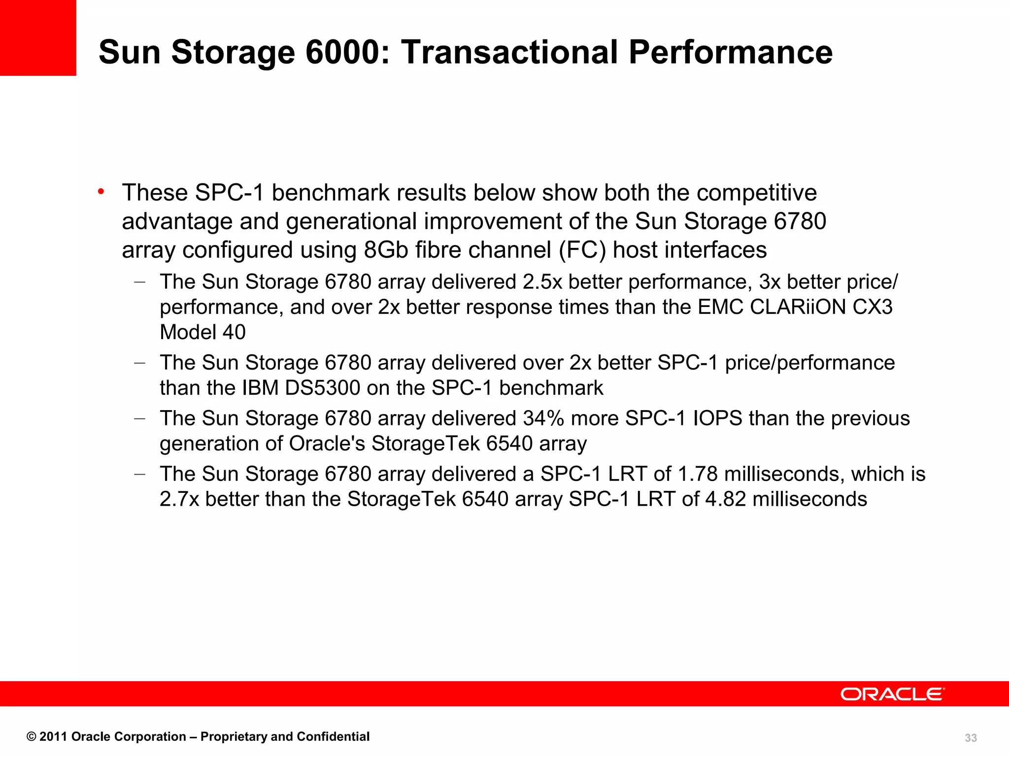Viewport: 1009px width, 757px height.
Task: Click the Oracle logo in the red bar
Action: (x=892, y=694)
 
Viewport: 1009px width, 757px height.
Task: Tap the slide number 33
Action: (x=971, y=738)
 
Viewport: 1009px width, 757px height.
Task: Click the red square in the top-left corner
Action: (x=38, y=38)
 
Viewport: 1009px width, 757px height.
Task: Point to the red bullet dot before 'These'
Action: (x=101, y=192)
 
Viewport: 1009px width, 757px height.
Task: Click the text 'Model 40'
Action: (x=202, y=332)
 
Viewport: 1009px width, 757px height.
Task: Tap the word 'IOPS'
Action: (x=717, y=418)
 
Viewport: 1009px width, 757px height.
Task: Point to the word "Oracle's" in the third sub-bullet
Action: (x=327, y=444)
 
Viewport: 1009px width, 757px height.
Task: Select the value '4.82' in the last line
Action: (x=726, y=499)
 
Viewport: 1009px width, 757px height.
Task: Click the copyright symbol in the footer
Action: (x=31, y=737)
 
